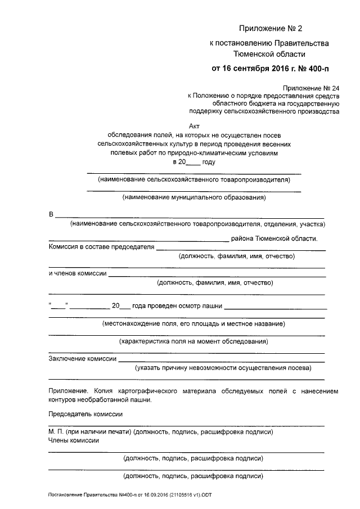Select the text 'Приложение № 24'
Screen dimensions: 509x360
coord(312,88)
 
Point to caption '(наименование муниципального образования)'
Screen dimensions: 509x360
coord(194,198)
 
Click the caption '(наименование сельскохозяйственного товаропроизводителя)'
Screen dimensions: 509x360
coord(193,180)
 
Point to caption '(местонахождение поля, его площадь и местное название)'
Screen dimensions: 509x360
coord(193,324)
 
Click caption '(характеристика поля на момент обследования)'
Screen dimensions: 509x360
coord(193,341)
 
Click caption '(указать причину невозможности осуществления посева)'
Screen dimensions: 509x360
coord(223,368)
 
